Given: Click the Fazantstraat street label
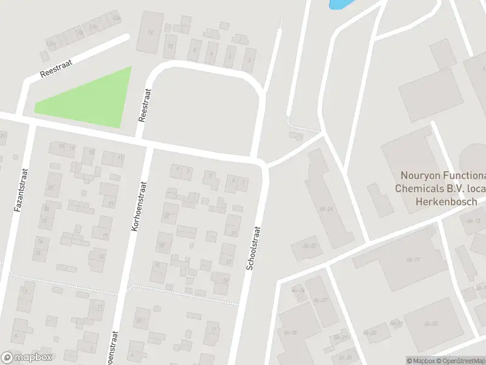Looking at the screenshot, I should [x=19, y=189].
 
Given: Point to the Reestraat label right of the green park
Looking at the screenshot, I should [x=145, y=105].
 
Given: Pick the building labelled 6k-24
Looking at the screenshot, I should [x=327, y=209].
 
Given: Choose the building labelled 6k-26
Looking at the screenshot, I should [x=310, y=246].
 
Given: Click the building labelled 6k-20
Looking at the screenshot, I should [x=431, y=324].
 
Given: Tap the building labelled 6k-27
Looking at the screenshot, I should [x=321, y=300].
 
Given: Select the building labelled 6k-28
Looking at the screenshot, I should [x=290, y=332].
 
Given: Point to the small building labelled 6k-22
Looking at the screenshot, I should [x=370, y=332].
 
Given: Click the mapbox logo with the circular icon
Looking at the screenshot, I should [x=27, y=358].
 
